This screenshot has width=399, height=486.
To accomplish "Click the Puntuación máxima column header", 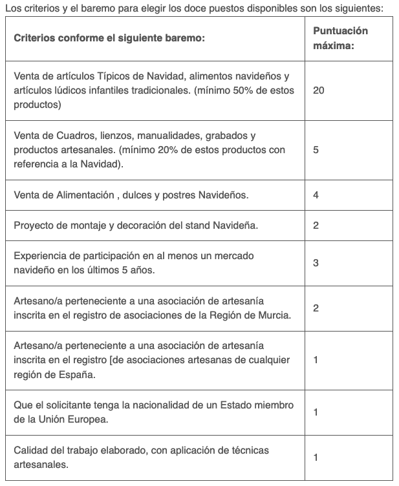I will [x=340, y=39].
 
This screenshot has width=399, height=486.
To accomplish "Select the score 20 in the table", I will [x=318, y=90].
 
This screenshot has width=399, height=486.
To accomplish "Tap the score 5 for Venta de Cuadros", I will [x=316, y=150].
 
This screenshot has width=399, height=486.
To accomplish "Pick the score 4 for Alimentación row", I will [x=316, y=195].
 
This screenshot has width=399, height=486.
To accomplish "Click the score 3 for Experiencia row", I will [x=316, y=263].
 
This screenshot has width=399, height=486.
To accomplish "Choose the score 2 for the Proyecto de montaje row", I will [x=316, y=226].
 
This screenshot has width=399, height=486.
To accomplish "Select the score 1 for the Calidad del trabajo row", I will [x=316, y=458].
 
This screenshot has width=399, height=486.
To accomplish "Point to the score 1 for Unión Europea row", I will [x=316, y=412].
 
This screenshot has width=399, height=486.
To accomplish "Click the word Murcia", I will [x=273, y=315].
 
